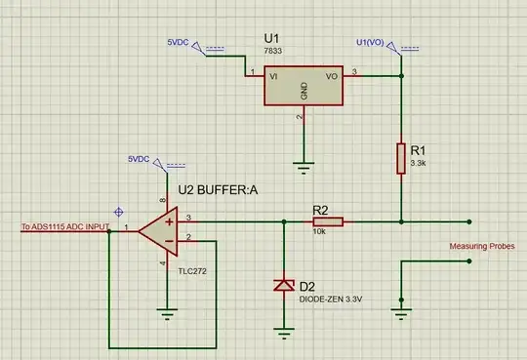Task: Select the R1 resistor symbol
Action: click(x=400, y=158)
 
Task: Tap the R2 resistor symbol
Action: click(x=328, y=221)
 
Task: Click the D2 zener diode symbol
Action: click(x=283, y=286)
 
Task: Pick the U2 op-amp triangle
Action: click(x=156, y=230)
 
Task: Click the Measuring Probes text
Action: click(x=479, y=248)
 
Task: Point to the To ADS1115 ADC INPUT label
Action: click(x=64, y=228)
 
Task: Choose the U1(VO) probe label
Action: click(x=376, y=43)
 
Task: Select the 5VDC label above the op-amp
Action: click(x=140, y=158)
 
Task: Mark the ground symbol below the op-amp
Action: click(x=166, y=314)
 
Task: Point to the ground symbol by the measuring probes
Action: click(x=400, y=312)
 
